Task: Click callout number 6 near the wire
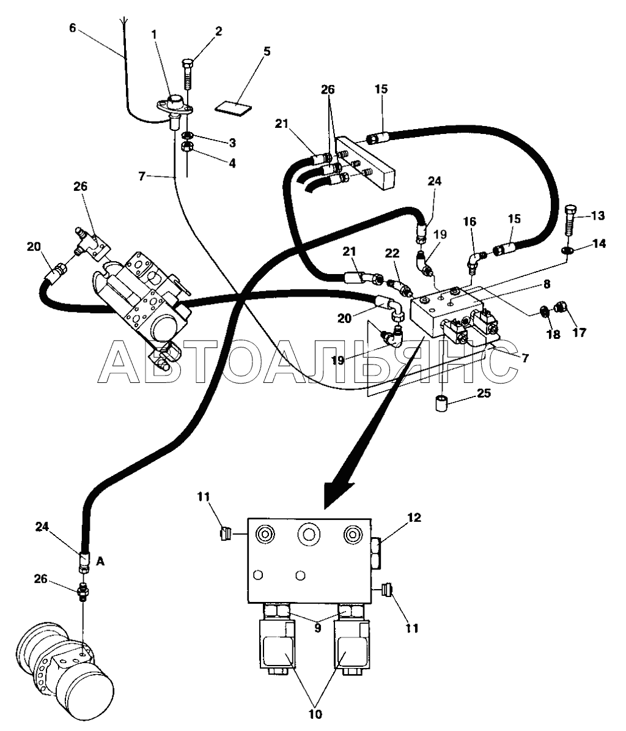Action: [x=72, y=28]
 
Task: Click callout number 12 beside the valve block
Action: [x=414, y=518]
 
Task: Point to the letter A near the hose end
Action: [x=100, y=562]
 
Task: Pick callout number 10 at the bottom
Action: [x=315, y=714]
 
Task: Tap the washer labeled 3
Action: [x=188, y=135]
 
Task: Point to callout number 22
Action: [x=392, y=253]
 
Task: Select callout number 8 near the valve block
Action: [x=547, y=284]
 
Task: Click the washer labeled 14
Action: [x=567, y=251]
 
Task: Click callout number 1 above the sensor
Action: [x=153, y=34]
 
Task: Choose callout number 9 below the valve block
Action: [x=318, y=628]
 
